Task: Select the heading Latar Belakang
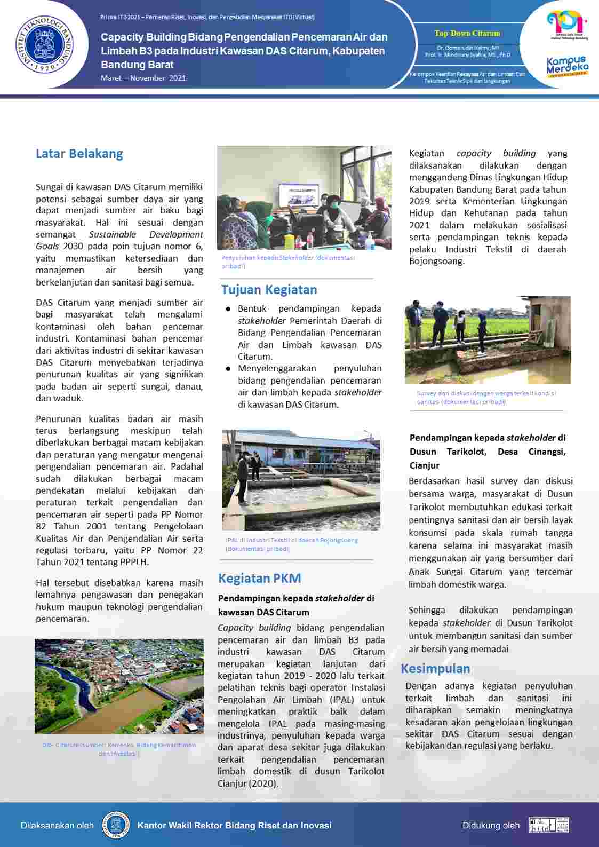(79, 154)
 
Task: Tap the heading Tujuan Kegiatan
(269, 290)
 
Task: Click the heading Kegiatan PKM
(259, 578)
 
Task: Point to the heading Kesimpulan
(435, 669)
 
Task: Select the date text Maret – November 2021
(143, 78)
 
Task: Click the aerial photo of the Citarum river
(119, 686)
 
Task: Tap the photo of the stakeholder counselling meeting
(304, 197)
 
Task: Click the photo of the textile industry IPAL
(301, 480)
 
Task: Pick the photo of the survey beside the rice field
(488, 340)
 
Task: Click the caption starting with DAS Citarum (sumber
(119, 749)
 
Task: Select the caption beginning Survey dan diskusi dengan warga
(486, 397)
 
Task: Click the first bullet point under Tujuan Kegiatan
(309, 333)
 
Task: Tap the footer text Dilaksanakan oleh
(57, 825)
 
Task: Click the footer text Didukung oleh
(491, 825)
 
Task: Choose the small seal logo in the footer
(116, 825)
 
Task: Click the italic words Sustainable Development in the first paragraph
(146, 234)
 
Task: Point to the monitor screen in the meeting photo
(298, 195)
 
